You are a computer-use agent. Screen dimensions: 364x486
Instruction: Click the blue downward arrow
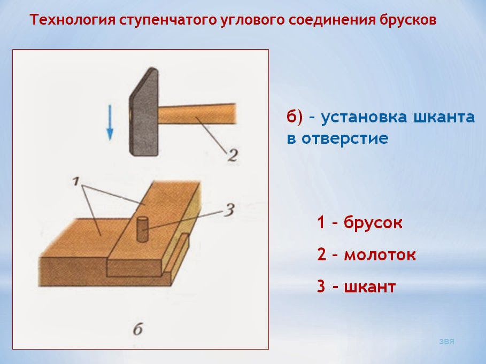tap(109, 122)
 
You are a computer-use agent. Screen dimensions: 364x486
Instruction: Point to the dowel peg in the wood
tap(143, 229)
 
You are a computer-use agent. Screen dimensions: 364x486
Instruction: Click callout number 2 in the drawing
tap(231, 156)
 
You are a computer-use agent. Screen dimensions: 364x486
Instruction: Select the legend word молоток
tap(380, 254)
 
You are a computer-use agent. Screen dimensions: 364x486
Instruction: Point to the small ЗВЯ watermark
tap(446, 340)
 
